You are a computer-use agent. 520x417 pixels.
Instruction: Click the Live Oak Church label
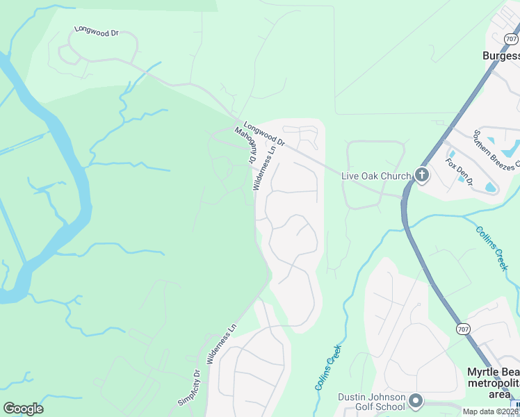[x=376, y=176]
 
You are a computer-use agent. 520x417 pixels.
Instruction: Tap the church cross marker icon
[x=421, y=175]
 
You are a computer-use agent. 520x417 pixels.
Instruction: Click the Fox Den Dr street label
[x=460, y=172]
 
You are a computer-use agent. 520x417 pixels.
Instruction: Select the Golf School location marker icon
[x=416, y=401]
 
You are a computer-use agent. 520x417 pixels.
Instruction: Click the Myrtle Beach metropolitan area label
[x=492, y=384]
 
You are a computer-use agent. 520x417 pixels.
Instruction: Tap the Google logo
[x=23, y=409]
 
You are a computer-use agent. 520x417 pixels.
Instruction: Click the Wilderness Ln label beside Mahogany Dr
[x=265, y=167]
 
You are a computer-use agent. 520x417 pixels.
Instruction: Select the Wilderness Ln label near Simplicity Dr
[x=222, y=345]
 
